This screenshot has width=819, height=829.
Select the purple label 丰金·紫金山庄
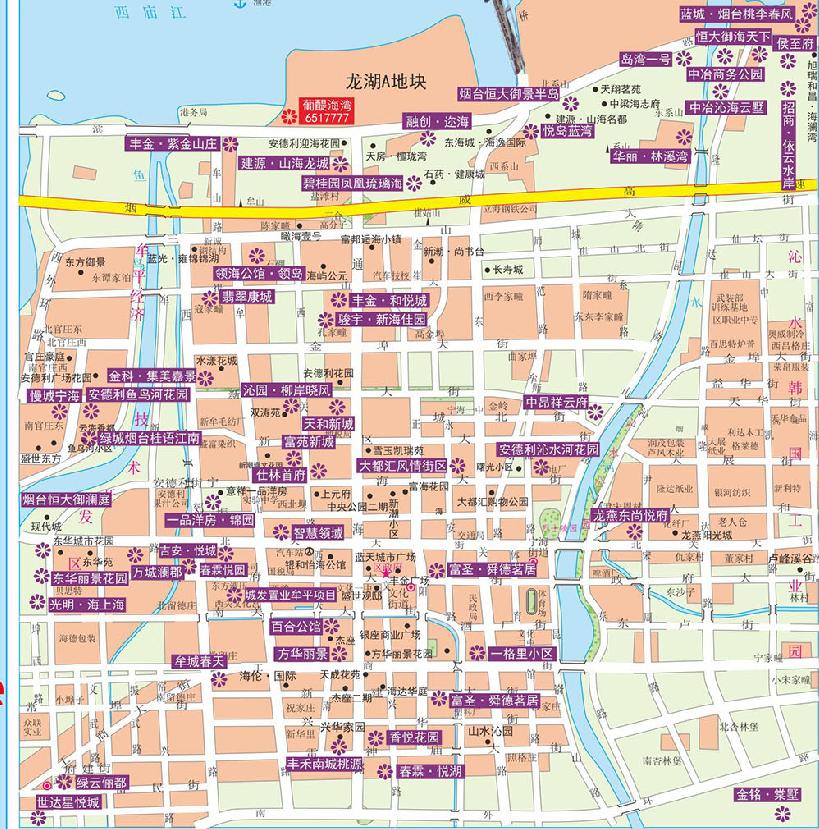coord(175,144)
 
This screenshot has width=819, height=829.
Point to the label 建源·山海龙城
coord(284,162)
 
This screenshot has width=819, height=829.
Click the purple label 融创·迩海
coord(436,121)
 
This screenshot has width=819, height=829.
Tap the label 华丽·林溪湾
coord(651,156)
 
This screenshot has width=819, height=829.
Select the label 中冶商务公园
coord(725,74)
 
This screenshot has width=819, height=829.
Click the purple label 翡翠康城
coord(246,297)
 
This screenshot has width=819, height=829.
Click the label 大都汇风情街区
coord(403,465)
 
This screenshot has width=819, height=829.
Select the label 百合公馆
coord(297,627)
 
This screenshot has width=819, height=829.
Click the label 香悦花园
coord(415,737)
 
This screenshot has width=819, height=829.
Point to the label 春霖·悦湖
coord(431,770)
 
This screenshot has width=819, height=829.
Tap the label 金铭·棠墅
coord(768,794)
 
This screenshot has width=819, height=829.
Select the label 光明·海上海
coord(88,604)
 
